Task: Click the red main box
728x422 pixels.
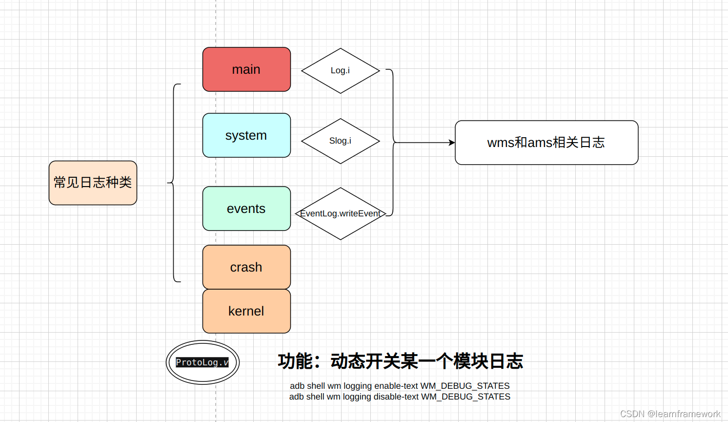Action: (246, 69)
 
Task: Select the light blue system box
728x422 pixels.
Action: (246, 135)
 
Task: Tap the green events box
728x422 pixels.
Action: (246, 209)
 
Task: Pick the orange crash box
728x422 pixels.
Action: (246, 267)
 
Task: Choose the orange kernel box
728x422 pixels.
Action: (246, 311)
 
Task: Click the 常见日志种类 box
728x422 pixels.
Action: (93, 183)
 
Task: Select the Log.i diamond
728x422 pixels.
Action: (340, 71)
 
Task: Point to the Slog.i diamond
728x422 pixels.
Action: (340, 141)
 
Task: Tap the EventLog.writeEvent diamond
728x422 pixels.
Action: (340, 213)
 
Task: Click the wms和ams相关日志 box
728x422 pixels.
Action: (546, 143)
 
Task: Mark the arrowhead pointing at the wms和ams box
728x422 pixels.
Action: (452, 143)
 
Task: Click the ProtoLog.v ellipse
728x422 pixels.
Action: (202, 362)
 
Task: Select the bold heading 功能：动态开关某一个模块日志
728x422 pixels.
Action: (400, 361)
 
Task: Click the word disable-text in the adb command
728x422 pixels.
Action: (396, 397)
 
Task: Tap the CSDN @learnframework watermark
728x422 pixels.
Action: (670, 414)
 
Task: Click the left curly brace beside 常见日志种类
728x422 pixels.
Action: (174, 183)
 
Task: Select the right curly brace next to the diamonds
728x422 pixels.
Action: (392, 143)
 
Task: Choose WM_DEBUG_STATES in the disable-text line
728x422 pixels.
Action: (465, 397)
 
